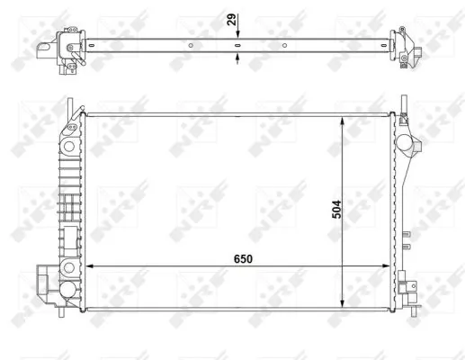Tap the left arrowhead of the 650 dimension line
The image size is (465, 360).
coord(88,266)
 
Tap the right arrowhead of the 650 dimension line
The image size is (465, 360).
coord(388,266)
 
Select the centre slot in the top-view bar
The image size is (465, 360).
coord(237,44)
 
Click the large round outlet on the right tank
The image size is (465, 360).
coord(411,144)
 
